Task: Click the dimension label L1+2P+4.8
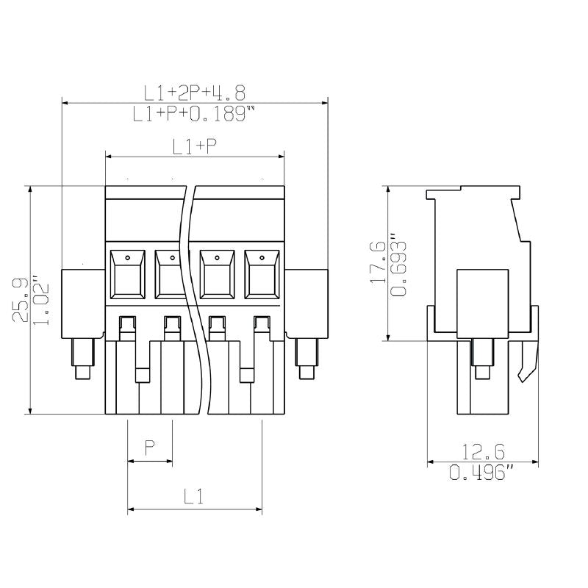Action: [x=195, y=92]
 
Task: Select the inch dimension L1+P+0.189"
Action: [x=195, y=114]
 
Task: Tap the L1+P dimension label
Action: [x=195, y=146]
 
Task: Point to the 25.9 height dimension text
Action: [x=20, y=300]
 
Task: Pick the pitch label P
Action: [x=150, y=448]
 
